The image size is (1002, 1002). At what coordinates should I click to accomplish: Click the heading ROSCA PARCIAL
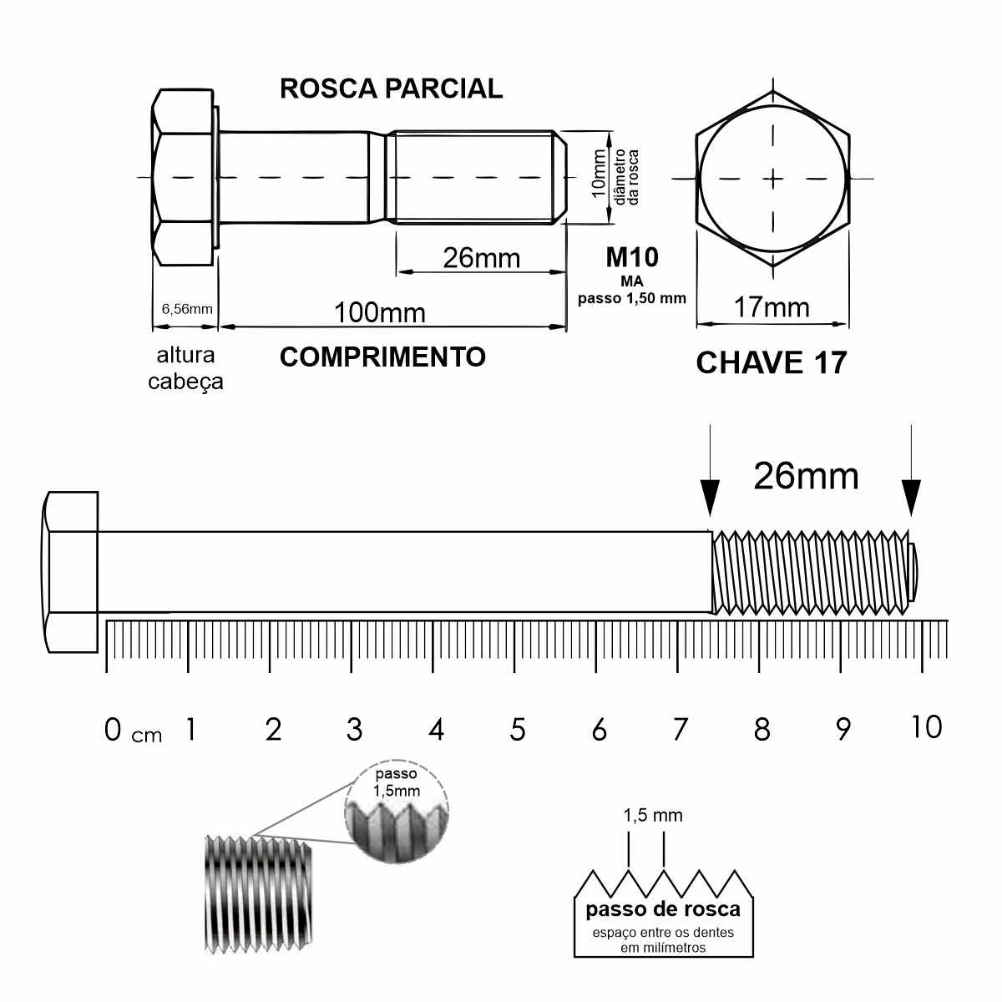[391, 89]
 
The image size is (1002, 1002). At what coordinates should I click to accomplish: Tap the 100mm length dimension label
[380, 312]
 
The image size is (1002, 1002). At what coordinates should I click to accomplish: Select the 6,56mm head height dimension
[187, 309]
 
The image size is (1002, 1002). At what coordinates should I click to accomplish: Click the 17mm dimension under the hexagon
[772, 307]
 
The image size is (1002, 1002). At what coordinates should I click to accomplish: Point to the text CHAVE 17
[772, 362]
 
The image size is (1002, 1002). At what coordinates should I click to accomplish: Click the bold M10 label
[632, 257]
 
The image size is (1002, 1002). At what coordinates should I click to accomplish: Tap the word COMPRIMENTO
[382, 357]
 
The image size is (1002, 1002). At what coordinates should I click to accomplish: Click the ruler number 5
[518, 730]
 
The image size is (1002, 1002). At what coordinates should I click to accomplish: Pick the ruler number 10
[926, 726]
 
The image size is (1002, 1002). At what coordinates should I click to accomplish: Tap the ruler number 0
[113, 730]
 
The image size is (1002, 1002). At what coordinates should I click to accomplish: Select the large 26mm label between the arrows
[806, 476]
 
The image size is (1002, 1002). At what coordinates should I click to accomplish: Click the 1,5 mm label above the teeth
[653, 815]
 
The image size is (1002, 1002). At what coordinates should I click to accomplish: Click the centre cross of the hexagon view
[773, 179]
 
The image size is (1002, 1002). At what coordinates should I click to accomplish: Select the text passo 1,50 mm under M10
[632, 298]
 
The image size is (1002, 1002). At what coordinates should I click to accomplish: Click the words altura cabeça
[185, 369]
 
